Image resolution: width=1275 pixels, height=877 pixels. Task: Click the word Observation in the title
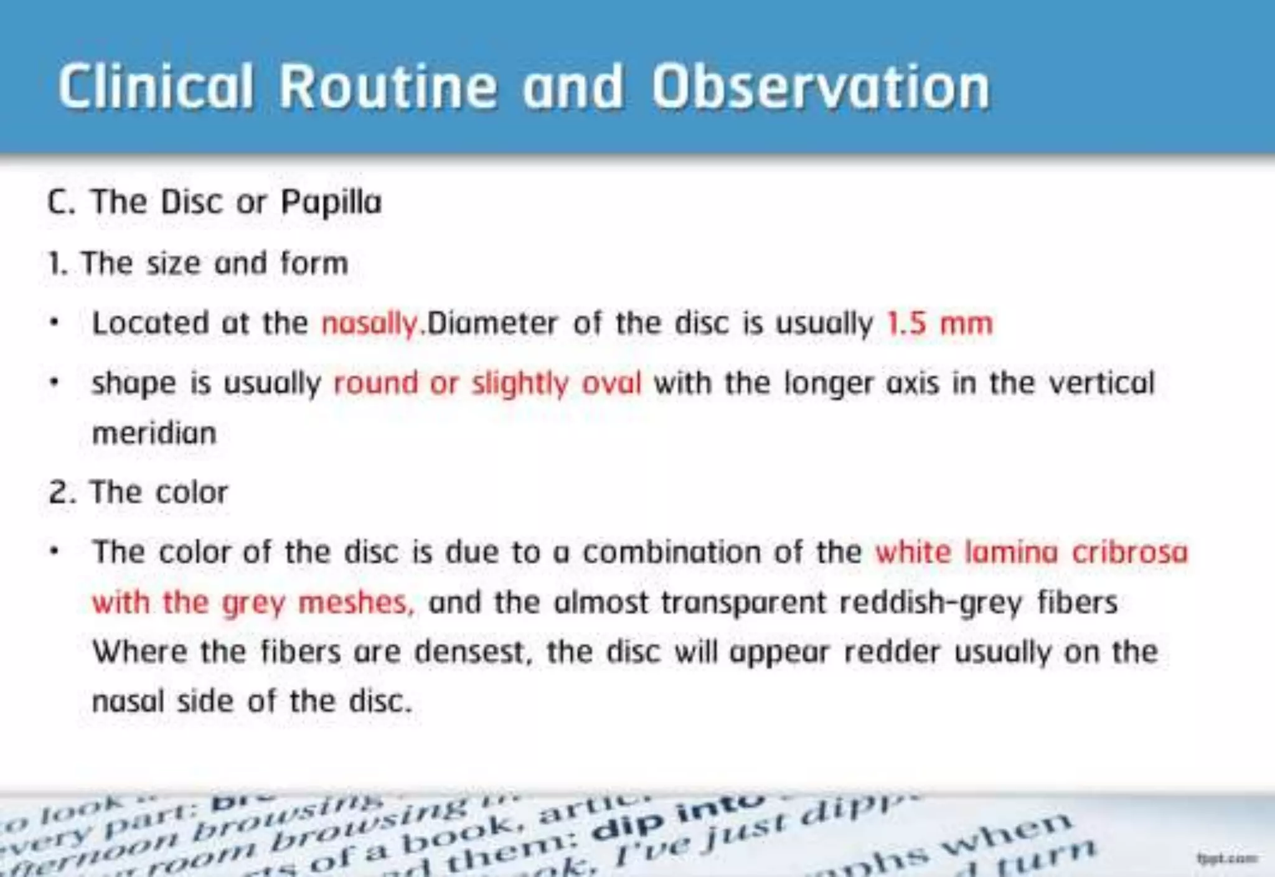[820, 87]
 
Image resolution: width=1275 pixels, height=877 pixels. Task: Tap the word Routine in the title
[387, 87]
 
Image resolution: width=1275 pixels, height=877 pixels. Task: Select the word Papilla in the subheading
[331, 202]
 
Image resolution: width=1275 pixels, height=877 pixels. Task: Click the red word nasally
[369, 324]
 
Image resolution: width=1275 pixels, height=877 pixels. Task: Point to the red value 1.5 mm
[939, 324]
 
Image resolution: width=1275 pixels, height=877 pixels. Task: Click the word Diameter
[492, 324]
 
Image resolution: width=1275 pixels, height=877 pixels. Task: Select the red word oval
[611, 383]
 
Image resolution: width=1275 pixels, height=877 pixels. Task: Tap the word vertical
[1101, 383]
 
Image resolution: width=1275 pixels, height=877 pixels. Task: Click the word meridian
[154, 433]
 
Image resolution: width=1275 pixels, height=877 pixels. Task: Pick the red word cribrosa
[1129, 552]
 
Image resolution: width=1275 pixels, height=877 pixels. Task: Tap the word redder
[892, 652]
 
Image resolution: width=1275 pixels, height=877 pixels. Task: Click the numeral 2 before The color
[58, 492]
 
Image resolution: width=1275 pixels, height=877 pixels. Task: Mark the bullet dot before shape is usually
[55, 383]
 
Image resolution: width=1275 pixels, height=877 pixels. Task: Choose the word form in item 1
[314, 263]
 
